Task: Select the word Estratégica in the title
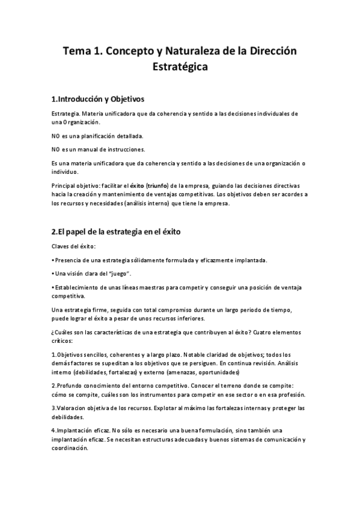(180, 67)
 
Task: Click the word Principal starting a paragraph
(65, 186)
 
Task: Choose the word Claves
(62, 247)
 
